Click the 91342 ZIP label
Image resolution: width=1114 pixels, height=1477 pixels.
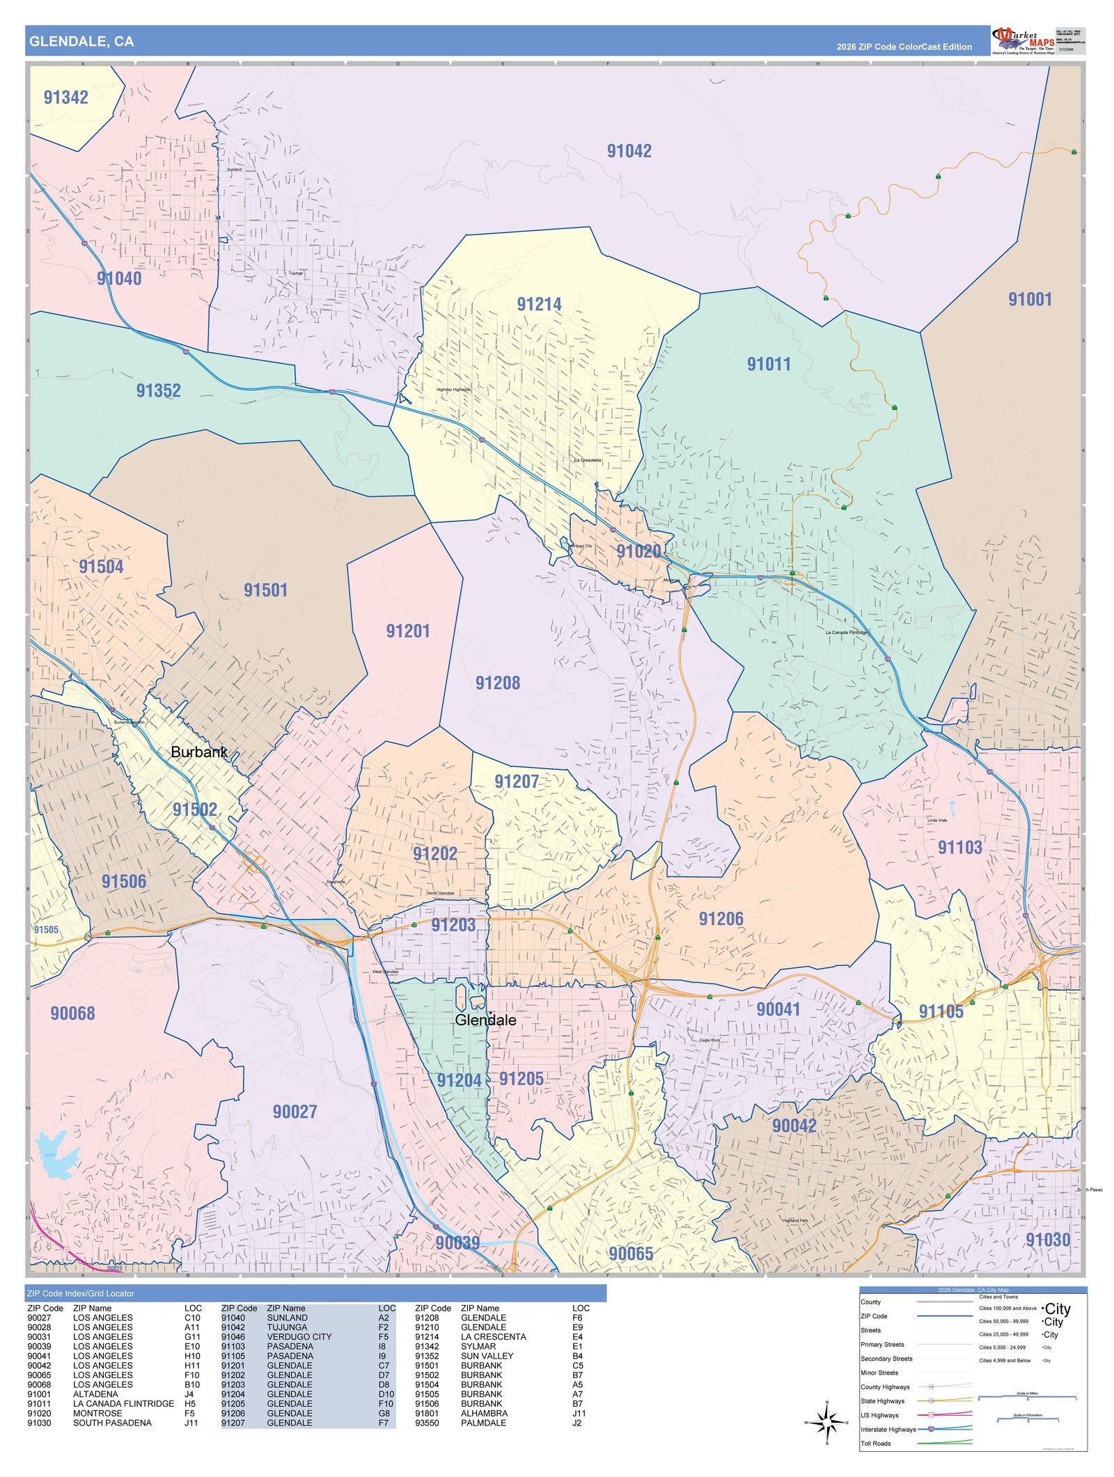66,97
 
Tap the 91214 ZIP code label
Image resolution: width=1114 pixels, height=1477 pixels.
539,304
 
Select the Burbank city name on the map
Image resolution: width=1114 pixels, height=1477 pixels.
199,752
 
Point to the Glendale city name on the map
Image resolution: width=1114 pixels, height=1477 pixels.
485,1020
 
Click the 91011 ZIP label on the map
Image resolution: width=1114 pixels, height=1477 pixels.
769,364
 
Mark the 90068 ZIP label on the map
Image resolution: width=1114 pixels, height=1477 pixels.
72,1013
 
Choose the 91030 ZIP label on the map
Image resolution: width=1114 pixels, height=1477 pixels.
1048,1240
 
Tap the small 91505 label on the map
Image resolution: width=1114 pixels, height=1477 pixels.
47,930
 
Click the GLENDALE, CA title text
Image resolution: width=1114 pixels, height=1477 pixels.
81,42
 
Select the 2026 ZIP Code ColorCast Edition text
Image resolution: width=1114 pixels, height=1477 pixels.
904,47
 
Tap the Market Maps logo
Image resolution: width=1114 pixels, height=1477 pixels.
1023,41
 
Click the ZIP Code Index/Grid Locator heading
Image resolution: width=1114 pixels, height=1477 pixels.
81,1293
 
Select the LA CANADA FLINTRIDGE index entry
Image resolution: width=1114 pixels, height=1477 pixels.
123,1404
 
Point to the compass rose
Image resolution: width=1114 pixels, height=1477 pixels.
826,1423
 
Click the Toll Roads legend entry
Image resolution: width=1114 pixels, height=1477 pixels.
876,1444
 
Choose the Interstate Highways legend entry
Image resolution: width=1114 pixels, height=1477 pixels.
888,1430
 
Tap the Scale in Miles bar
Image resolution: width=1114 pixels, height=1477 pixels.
1028,1395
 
